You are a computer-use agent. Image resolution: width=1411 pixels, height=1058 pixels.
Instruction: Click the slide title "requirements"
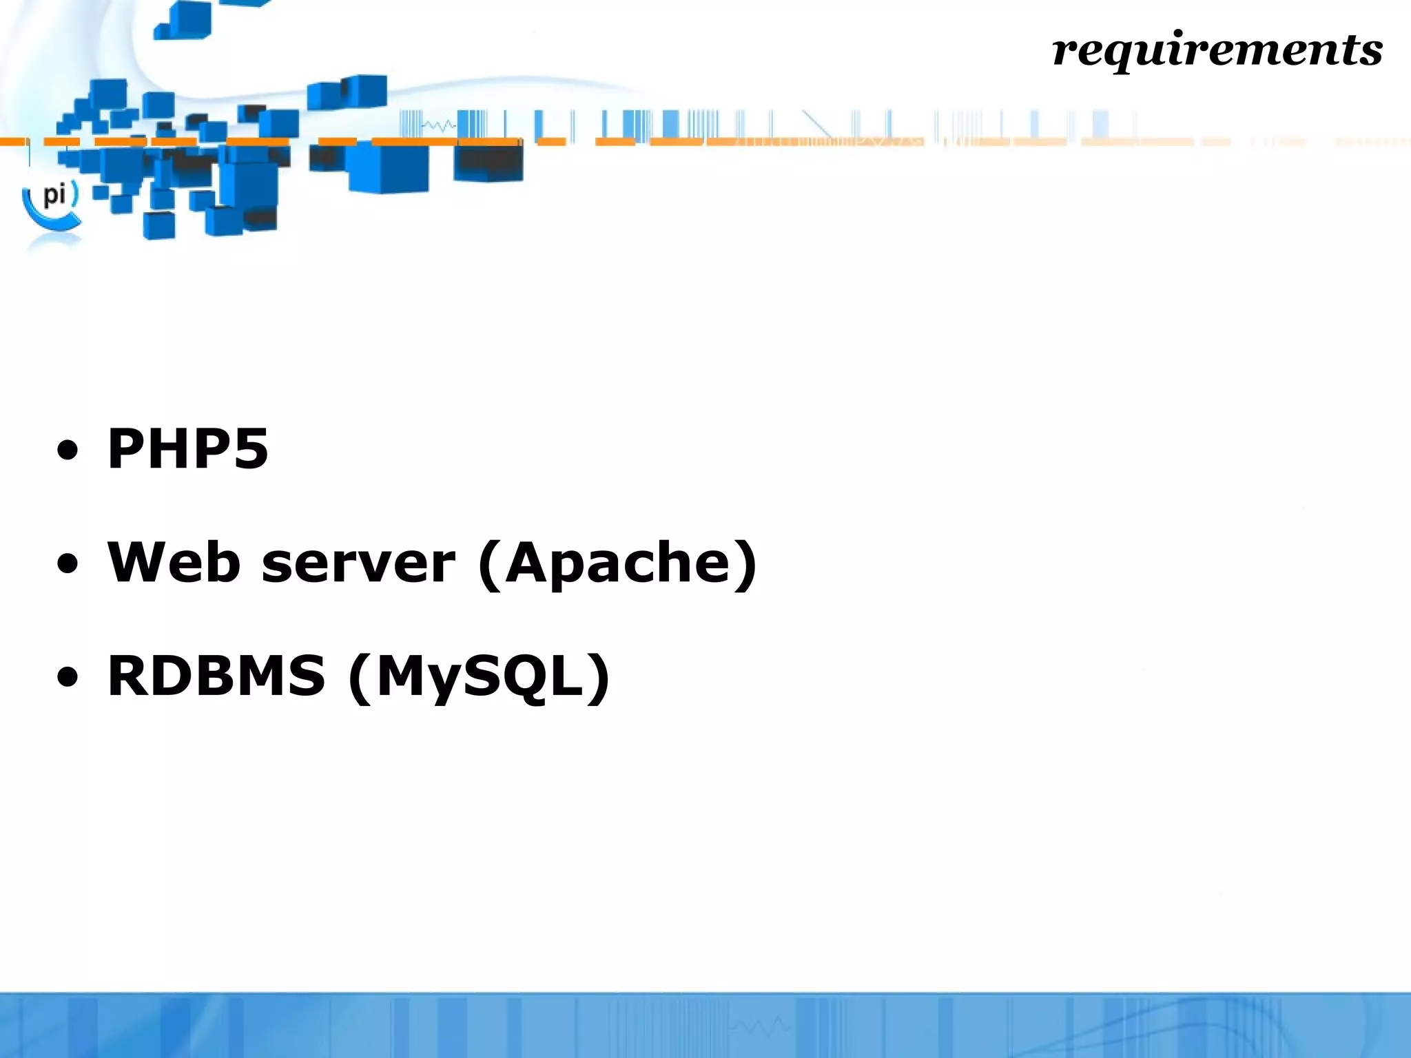1217,50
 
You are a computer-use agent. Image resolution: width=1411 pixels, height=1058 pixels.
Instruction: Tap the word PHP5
187,449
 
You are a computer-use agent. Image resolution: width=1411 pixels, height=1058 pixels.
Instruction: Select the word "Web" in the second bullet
174,562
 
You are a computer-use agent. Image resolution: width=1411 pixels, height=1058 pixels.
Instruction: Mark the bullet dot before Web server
68,566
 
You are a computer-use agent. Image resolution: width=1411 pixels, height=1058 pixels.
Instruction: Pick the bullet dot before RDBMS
68,678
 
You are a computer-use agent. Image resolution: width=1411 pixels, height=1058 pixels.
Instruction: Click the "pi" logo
54,196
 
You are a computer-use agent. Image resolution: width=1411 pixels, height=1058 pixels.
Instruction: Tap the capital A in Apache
528,562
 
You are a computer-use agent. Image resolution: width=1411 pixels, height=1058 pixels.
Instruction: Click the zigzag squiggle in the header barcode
438,126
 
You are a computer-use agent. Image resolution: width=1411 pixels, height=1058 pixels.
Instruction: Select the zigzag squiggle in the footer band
761,1026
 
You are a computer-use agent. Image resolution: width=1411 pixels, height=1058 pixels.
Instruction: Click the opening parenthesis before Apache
489,565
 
